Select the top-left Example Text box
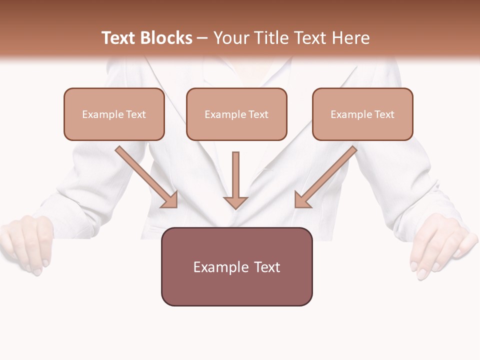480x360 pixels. coord(114,114)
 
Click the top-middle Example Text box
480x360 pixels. coord(236,114)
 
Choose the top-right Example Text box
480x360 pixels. coord(362,114)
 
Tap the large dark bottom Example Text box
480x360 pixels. coord(236,266)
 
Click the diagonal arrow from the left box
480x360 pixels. coord(145,176)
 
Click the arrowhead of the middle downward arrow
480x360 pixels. coord(235,202)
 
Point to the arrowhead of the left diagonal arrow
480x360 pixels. coord(170,200)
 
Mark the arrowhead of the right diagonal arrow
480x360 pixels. coord(302,199)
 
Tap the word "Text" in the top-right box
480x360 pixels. coord(384,114)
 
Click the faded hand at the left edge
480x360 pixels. coord(27,242)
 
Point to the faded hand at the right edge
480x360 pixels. coord(440,247)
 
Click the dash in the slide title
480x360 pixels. coord(202,38)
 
